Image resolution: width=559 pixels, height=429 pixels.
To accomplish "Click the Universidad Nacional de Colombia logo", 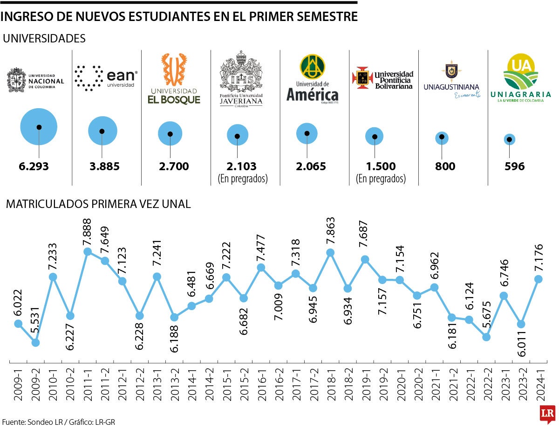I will click(35, 78).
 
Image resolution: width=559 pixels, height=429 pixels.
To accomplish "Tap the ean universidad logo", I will click(106, 77).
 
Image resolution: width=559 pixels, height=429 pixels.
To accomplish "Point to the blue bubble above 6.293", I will click(39, 127).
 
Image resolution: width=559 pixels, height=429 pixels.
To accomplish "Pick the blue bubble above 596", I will click(510, 139).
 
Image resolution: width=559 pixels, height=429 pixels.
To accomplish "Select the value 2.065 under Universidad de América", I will click(307, 166).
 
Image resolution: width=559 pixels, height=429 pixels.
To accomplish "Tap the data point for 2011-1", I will click(87, 252).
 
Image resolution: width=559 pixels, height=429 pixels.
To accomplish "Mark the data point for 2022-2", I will click(487, 337).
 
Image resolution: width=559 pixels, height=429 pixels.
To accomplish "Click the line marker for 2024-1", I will click(539, 279).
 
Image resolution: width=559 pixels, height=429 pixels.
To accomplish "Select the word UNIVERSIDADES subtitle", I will click(44, 39).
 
